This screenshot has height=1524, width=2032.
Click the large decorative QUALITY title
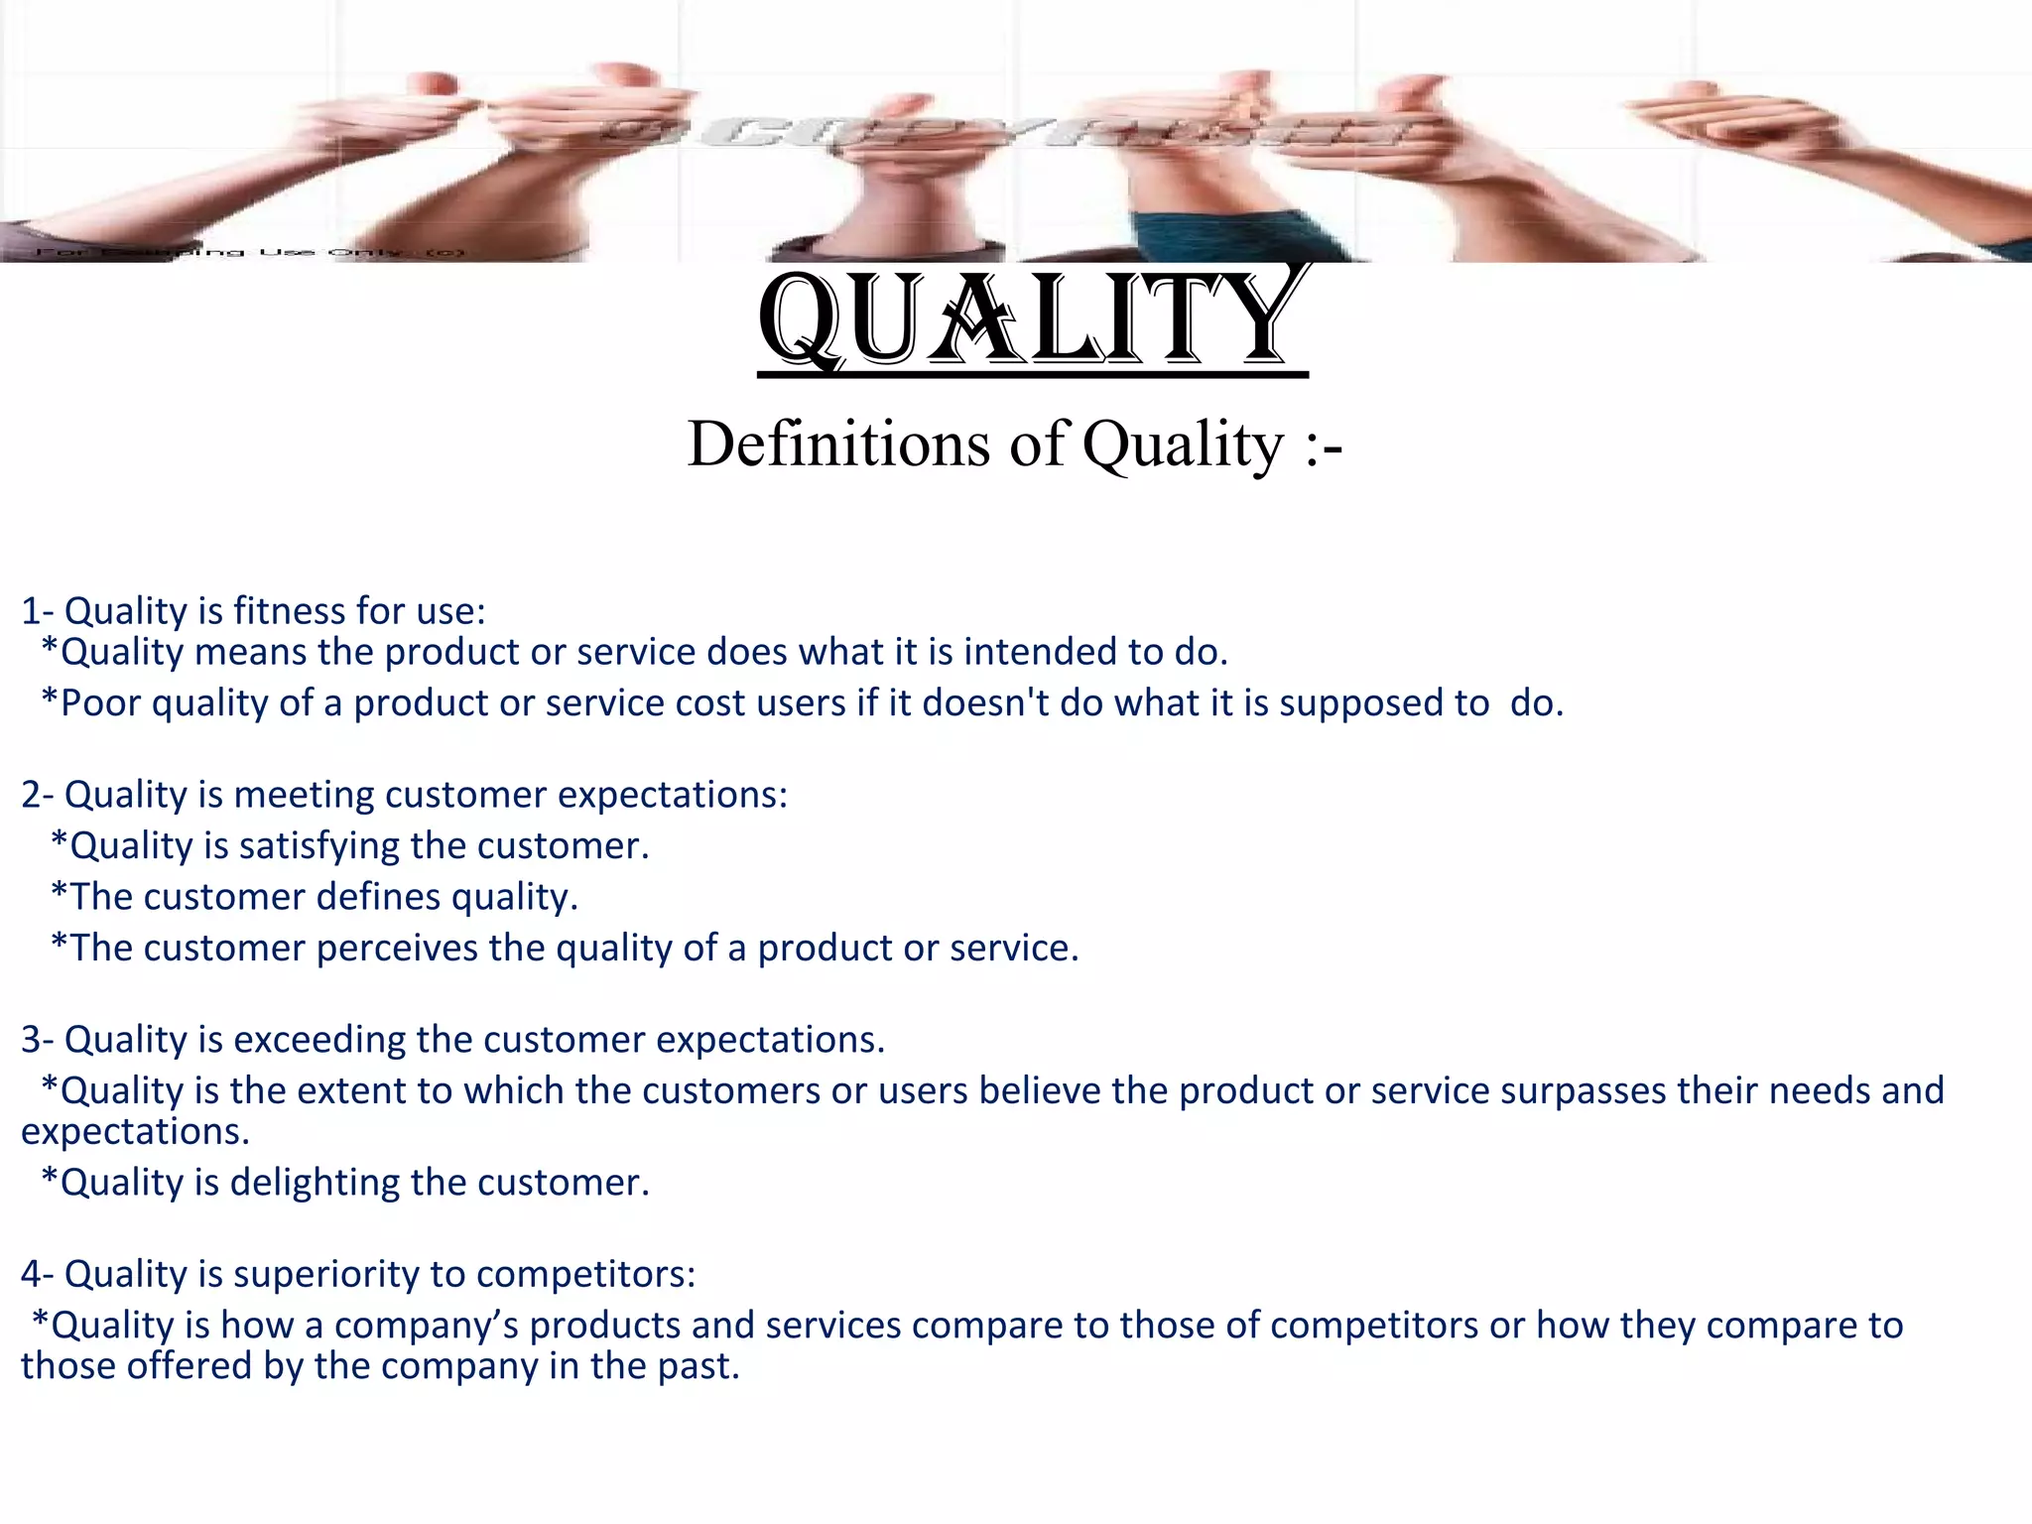[x=1032, y=319]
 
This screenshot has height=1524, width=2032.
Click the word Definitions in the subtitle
[x=838, y=444]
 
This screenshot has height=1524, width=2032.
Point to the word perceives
[x=396, y=949]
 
